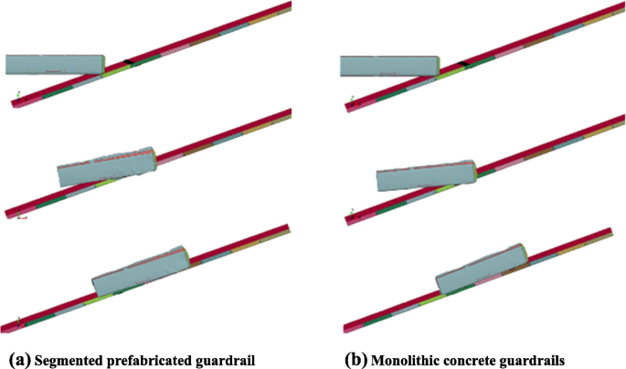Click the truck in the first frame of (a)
55,64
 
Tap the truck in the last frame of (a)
143,269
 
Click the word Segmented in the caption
68,360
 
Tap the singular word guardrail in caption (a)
228,360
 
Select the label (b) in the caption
356,360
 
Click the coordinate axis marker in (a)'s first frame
16,93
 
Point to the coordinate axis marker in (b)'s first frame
350,94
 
